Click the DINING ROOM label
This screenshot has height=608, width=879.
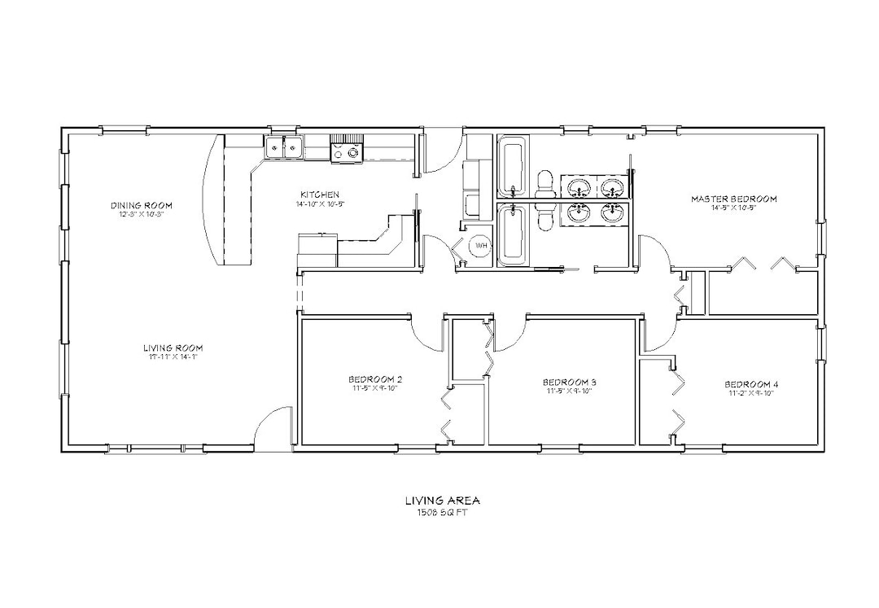tap(142, 205)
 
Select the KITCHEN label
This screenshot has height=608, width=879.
tap(319, 195)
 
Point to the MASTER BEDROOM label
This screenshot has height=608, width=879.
tap(733, 199)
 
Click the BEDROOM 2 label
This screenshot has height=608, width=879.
tap(374, 379)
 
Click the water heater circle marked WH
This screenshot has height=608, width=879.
tap(480, 245)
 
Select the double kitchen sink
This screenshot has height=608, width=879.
tap(284, 147)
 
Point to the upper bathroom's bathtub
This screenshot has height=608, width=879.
tap(512, 168)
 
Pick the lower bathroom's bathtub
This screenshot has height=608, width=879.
tap(512, 235)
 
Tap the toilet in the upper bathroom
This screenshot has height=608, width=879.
tap(544, 182)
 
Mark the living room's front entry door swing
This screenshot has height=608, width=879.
tap(273, 427)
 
